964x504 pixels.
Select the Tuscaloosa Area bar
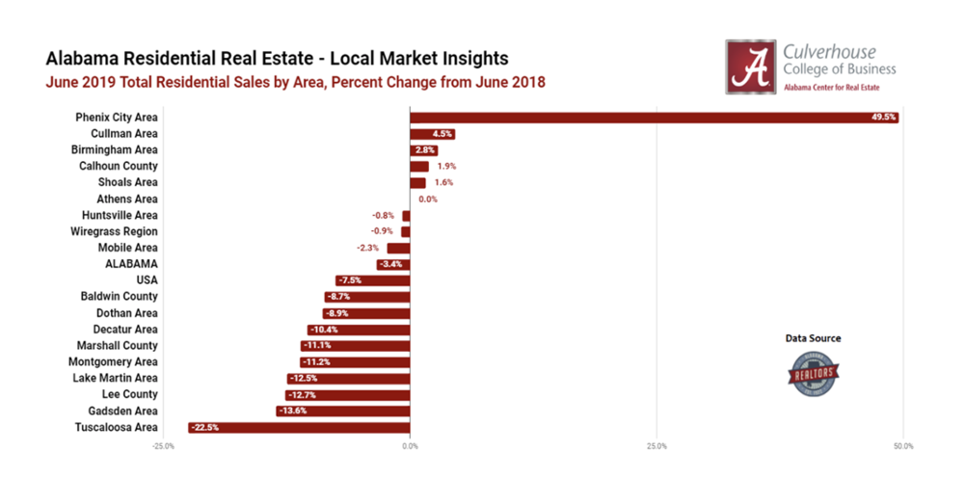coord(299,427)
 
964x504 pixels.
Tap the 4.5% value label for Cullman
coord(443,134)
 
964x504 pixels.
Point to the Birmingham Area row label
coord(114,150)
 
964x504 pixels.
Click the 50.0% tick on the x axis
coord(903,446)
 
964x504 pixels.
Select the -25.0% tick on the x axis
coord(163,446)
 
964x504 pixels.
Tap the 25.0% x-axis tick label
coord(656,446)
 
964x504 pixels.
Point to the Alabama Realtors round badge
coord(812,372)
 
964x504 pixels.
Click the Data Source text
coord(812,338)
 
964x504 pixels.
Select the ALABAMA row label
coord(131,264)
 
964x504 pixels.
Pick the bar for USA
coord(372,280)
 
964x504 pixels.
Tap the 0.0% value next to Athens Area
coord(427,199)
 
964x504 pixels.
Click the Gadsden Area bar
coord(342,411)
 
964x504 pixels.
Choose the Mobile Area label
coord(127,248)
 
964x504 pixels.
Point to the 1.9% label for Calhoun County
coord(446,167)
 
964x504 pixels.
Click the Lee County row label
coord(129,394)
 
